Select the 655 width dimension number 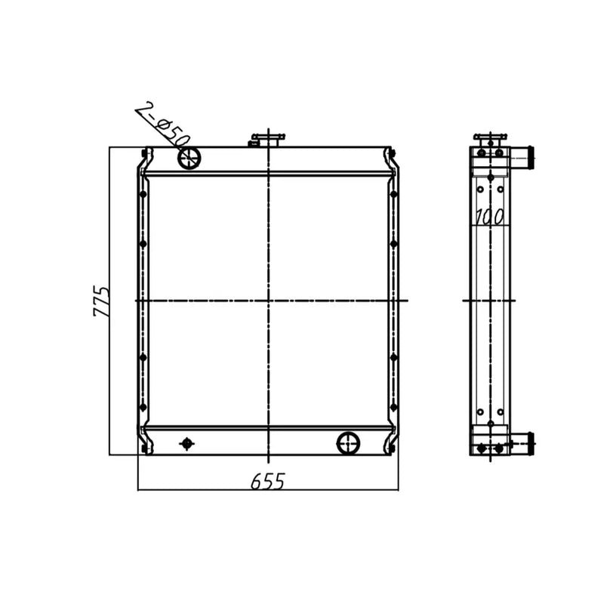click(x=267, y=481)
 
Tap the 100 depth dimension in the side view click(x=489, y=217)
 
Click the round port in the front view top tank click(x=189, y=158)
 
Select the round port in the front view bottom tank click(x=348, y=442)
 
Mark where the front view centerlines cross click(x=267, y=300)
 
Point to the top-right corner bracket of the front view click(x=391, y=157)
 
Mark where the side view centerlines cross click(x=491, y=300)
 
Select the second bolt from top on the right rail click(x=393, y=244)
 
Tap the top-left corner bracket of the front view click(x=143, y=157)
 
